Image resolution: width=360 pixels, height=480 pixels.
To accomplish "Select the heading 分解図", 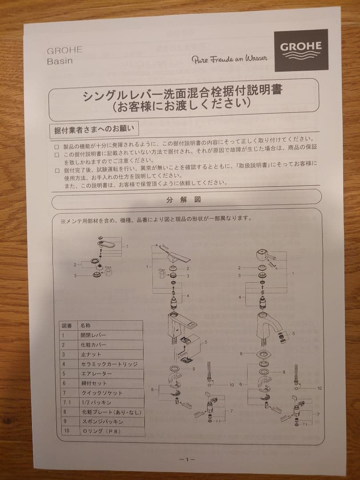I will click(184, 200).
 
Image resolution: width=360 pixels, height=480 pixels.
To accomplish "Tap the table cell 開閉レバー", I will click(94, 335).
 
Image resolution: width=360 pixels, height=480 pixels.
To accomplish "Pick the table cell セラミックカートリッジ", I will click(109, 364).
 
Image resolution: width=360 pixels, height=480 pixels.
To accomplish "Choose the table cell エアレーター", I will click(94, 373).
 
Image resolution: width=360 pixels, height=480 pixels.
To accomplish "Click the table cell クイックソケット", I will click(101, 393).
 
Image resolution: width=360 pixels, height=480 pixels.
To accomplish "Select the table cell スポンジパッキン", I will click(102, 421).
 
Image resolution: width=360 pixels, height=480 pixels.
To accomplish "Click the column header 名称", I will click(86, 325).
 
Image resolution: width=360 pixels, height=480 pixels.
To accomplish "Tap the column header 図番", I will click(66, 325).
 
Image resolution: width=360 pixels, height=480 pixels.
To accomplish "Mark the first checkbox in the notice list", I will click(56, 146).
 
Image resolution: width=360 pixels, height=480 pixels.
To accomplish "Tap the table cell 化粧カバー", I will click(94, 344).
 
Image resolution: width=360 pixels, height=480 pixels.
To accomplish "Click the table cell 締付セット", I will click(94, 383).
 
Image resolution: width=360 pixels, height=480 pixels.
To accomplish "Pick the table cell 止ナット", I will click(91, 354).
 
